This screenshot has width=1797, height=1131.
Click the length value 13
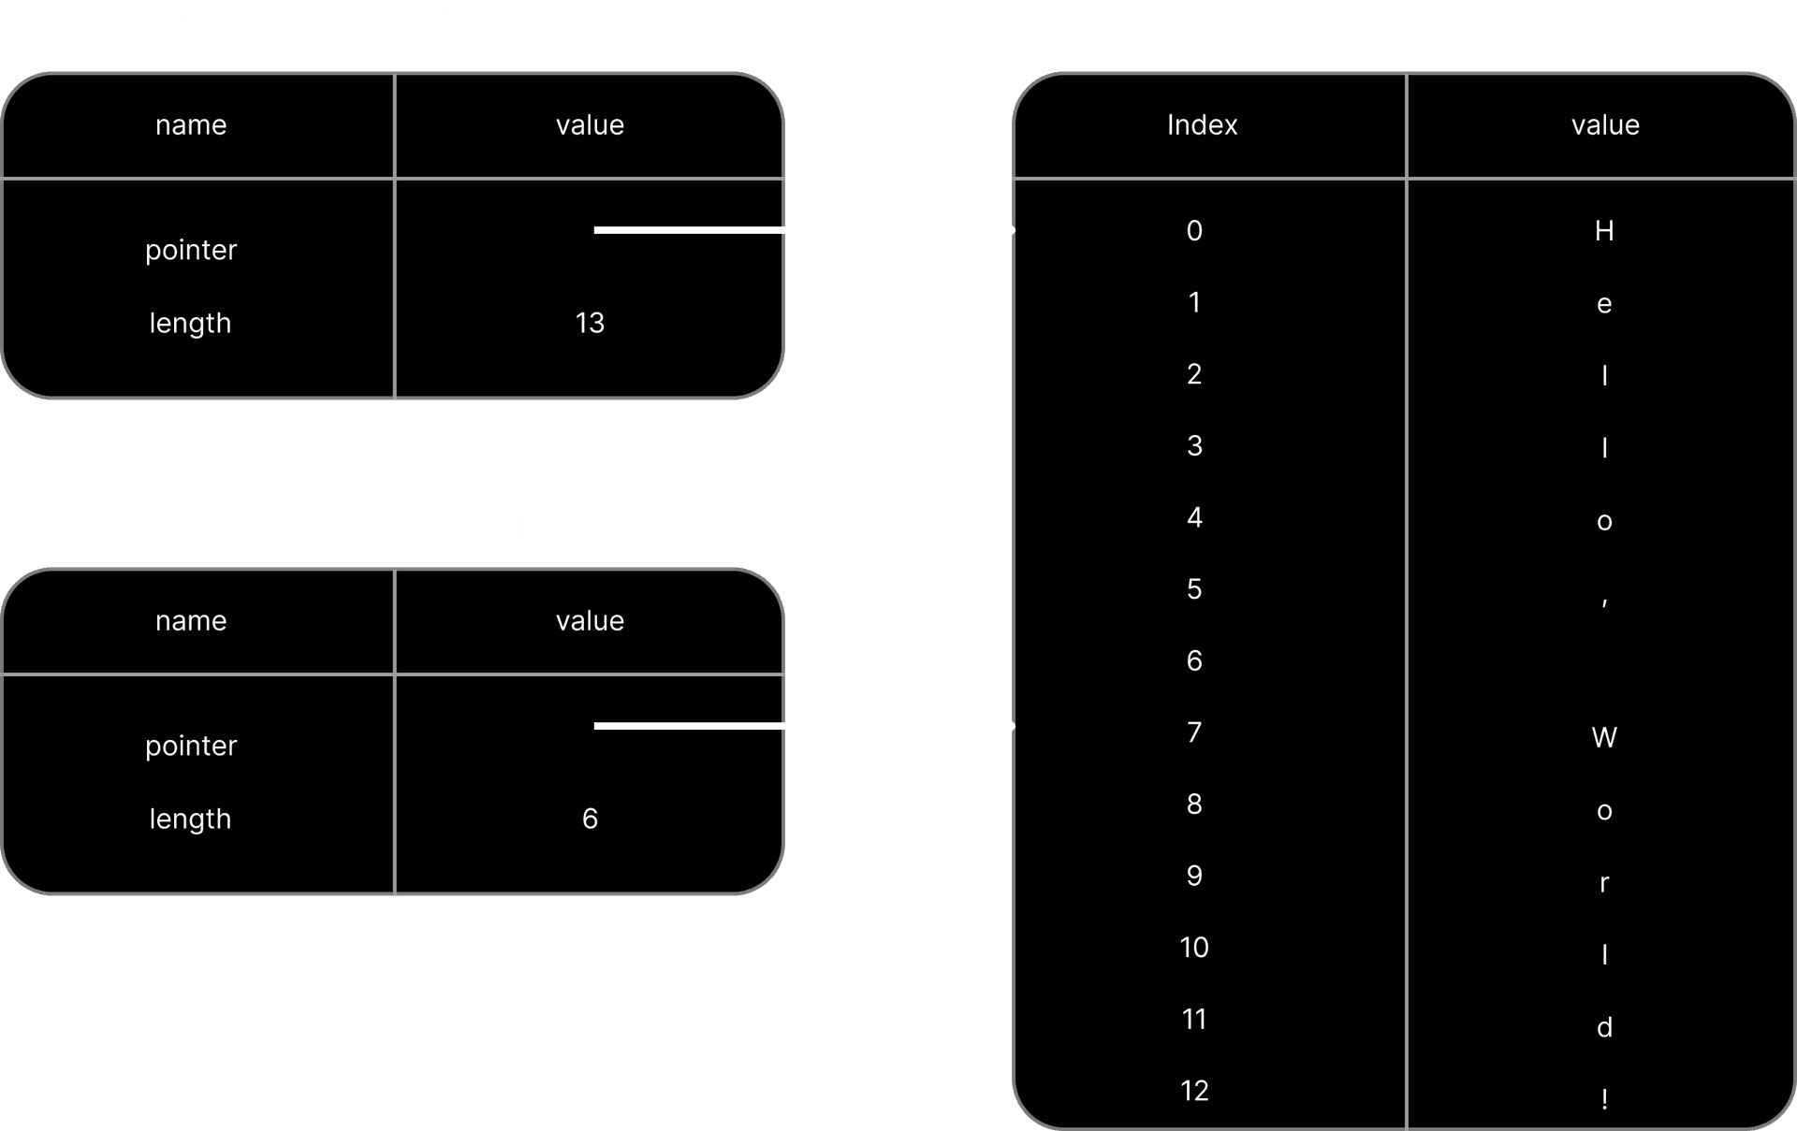590,323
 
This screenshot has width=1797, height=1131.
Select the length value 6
590,819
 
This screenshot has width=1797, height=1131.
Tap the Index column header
1202,124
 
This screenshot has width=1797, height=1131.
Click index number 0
1194,230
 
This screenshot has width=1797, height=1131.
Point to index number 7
1194,732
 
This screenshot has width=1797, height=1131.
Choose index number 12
1194,1090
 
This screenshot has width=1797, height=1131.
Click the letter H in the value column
1604,230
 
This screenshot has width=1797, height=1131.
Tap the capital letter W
1604,737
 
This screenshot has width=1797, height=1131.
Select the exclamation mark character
1604,1098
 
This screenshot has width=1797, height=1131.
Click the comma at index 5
1604,602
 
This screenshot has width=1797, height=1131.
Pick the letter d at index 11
1604,1027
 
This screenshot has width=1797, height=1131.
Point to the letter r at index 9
1604,883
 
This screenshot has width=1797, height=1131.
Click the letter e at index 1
1604,304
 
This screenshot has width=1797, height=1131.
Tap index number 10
1194,947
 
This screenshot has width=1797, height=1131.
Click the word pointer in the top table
191,250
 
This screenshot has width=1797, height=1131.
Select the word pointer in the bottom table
191,746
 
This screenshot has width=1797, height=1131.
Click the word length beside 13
190,323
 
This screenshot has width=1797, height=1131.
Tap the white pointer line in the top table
689,230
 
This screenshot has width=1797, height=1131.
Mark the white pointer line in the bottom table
689,726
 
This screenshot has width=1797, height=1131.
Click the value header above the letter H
1605,124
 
